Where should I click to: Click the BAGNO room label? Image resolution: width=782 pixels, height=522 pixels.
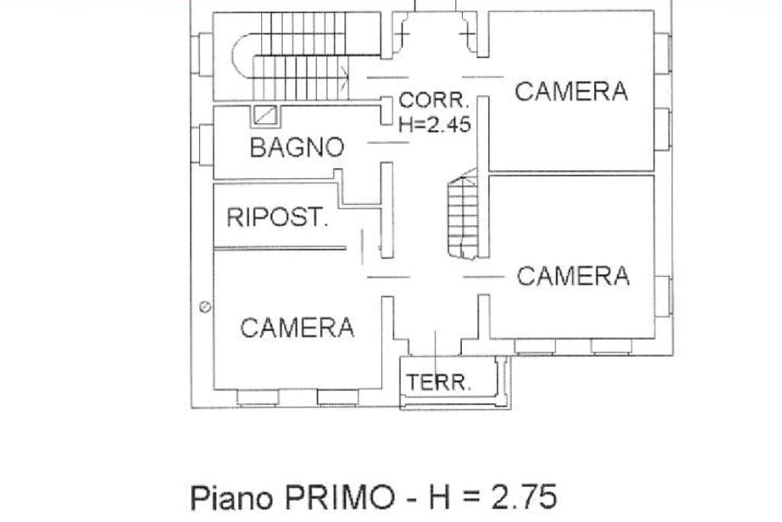[x=297, y=147]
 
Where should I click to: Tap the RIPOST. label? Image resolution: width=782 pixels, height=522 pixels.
[x=277, y=218]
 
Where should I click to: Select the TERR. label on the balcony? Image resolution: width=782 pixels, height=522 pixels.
[x=438, y=382]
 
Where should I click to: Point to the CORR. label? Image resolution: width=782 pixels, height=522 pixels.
[x=433, y=101]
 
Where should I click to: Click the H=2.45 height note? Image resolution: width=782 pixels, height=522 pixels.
[x=435, y=125]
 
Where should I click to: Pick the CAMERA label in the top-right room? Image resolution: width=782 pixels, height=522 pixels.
[x=571, y=92]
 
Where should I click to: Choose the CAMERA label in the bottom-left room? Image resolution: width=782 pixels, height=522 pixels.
[x=297, y=328]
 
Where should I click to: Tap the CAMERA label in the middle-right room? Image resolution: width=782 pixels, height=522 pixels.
[x=573, y=276]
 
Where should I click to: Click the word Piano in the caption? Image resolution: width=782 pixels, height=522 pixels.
[x=232, y=498]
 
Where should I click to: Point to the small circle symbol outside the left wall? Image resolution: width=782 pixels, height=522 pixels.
[x=205, y=307]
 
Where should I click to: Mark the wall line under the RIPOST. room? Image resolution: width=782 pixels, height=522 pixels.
[x=280, y=248]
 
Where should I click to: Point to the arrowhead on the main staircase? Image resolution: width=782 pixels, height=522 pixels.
[x=347, y=76]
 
